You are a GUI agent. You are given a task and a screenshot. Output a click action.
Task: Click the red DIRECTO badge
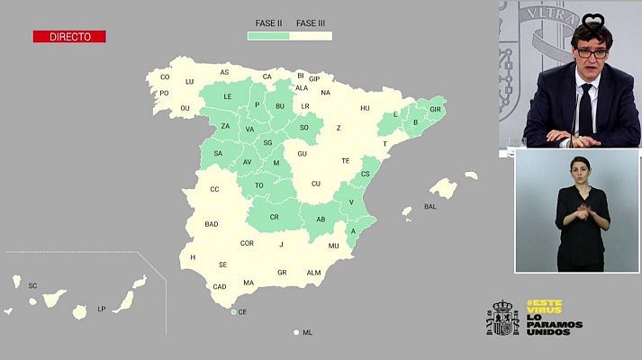pyautogui.click(x=69, y=37)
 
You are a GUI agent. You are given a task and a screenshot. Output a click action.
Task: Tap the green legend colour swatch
pyautogui.click(x=268, y=36)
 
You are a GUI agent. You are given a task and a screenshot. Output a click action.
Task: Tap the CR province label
pyautogui.click(x=274, y=218)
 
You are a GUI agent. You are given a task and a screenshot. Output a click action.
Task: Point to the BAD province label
pyautogui.click(x=212, y=224)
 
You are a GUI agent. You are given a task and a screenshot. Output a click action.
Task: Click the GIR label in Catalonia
pyautogui.click(x=436, y=109)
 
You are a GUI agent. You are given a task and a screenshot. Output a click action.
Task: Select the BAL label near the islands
pyautogui.click(x=430, y=206)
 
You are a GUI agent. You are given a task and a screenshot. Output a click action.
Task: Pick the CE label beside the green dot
pyautogui.click(x=243, y=311)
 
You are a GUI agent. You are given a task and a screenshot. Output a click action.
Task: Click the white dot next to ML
pyautogui.click(x=296, y=332)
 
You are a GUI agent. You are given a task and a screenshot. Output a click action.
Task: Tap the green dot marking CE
pyautogui.click(x=233, y=311)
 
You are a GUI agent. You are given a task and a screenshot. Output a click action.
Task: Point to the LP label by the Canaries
pyautogui.click(x=102, y=309)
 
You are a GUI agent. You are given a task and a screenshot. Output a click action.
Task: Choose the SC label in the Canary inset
pyautogui.click(x=33, y=285)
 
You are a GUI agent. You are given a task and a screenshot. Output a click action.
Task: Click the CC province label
pyautogui.click(x=214, y=189)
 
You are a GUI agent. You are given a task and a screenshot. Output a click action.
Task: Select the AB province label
pyautogui.click(x=321, y=219)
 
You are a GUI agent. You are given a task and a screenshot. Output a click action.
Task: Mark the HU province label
pyautogui.click(x=365, y=108)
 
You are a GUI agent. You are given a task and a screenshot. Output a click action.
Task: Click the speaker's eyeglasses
pyautogui.click(x=592, y=54)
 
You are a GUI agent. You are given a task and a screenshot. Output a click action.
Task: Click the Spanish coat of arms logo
pyautogui.click(x=502, y=318)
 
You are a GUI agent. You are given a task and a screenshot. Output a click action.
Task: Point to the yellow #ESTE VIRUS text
pyautogui.click(x=544, y=308)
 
